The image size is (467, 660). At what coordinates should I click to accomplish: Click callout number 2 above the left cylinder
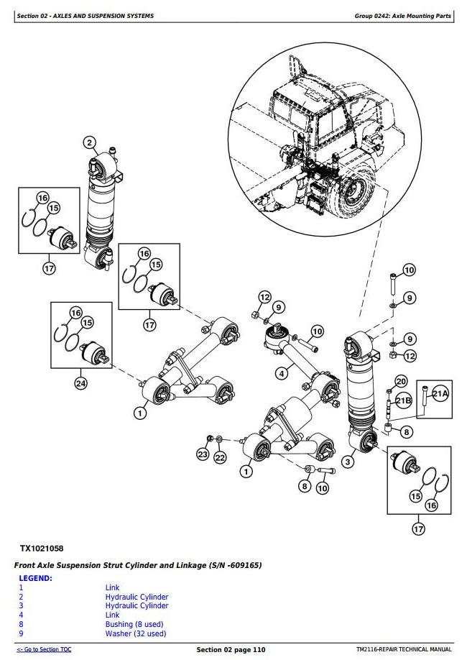[x=90, y=142]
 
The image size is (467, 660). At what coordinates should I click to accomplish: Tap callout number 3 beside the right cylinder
[x=348, y=461]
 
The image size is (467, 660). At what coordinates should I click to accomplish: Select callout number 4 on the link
[x=282, y=373]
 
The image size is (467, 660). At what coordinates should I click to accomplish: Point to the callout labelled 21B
[x=404, y=401]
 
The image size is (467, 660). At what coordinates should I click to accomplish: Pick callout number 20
[x=401, y=381]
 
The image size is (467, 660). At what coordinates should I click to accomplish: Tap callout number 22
[x=220, y=458]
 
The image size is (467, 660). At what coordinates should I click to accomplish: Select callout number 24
[x=80, y=383]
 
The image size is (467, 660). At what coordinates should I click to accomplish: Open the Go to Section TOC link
[x=44, y=650]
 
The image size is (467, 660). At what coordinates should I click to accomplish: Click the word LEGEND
[x=35, y=578]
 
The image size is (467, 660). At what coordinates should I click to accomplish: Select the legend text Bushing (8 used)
[x=134, y=624]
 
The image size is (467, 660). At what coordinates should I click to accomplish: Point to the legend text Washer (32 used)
[x=136, y=633]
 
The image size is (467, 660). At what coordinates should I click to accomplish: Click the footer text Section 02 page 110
[x=231, y=650]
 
